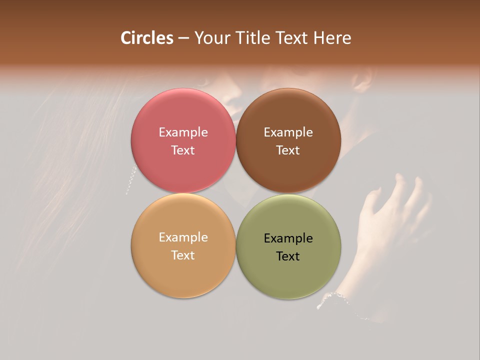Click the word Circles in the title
[x=146, y=38]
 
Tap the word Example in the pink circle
[x=183, y=132]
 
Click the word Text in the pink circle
[x=183, y=150]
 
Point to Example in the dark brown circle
[x=288, y=132]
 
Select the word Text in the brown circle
[x=288, y=150]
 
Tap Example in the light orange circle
[x=183, y=237]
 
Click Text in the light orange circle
[x=183, y=255]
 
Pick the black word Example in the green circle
[x=288, y=238]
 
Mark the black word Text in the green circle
[x=288, y=256]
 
